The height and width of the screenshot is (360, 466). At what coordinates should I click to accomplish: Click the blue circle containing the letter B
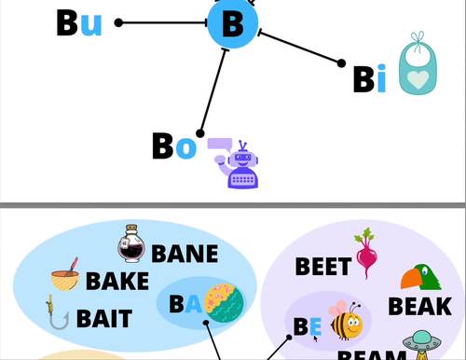pos(233,23)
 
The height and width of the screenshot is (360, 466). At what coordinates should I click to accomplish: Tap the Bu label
pos(79,22)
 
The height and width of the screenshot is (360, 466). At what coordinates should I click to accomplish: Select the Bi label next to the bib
pos(369,80)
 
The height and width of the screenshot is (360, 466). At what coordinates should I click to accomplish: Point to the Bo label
pos(174,145)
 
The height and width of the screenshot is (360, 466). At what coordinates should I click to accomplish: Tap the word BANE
pos(185,253)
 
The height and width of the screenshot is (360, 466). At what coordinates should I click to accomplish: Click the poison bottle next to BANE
pos(131,243)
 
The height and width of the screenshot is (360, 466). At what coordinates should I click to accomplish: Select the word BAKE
pos(116,281)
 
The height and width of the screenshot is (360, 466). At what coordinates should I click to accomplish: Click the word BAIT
pos(103,318)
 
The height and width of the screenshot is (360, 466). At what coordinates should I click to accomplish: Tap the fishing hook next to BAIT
pos(58,313)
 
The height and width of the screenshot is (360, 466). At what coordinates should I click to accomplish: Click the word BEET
pos(322,267)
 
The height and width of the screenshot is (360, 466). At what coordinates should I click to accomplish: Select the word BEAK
pos(419,306)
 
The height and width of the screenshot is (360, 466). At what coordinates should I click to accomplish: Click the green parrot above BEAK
pos(420,277)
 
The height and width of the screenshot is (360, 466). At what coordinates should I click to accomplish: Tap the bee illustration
pos(346,321)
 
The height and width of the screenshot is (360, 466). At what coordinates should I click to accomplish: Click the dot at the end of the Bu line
pos(118,22)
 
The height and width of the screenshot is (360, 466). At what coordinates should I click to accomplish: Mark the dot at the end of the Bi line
pos(341,63)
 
